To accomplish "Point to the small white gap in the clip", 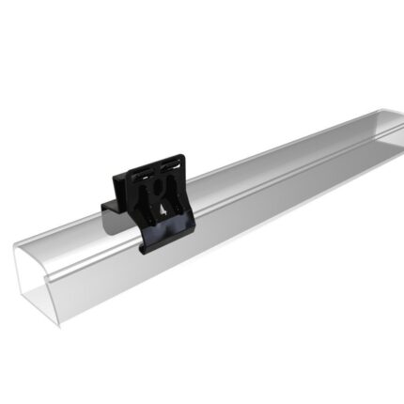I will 166,209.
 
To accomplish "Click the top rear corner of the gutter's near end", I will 17,246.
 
